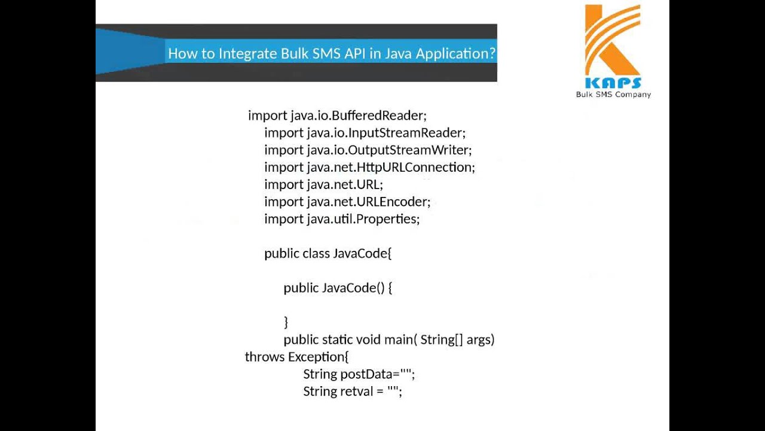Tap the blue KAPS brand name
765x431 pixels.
coord(613,83)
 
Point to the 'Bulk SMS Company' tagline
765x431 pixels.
coord(613,95)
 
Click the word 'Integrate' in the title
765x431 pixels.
coord(247,53)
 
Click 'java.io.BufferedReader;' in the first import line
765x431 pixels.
coord(359,116)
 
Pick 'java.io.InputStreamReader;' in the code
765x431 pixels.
coord(386,133)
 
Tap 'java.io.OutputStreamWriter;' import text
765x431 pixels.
coord(389,150)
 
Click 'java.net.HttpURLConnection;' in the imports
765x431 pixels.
coord(391,168)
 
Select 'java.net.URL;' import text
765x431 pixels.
coord(345,184)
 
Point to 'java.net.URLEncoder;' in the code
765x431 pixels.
coord(369,202)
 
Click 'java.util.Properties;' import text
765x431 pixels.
coord(363,219)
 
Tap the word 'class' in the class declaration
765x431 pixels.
coord(316,254)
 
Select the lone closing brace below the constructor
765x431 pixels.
coord(286,322)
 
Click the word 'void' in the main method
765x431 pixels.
coord(369,340)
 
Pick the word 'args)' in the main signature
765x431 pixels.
coord(481,340)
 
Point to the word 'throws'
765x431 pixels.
coord(265,357)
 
